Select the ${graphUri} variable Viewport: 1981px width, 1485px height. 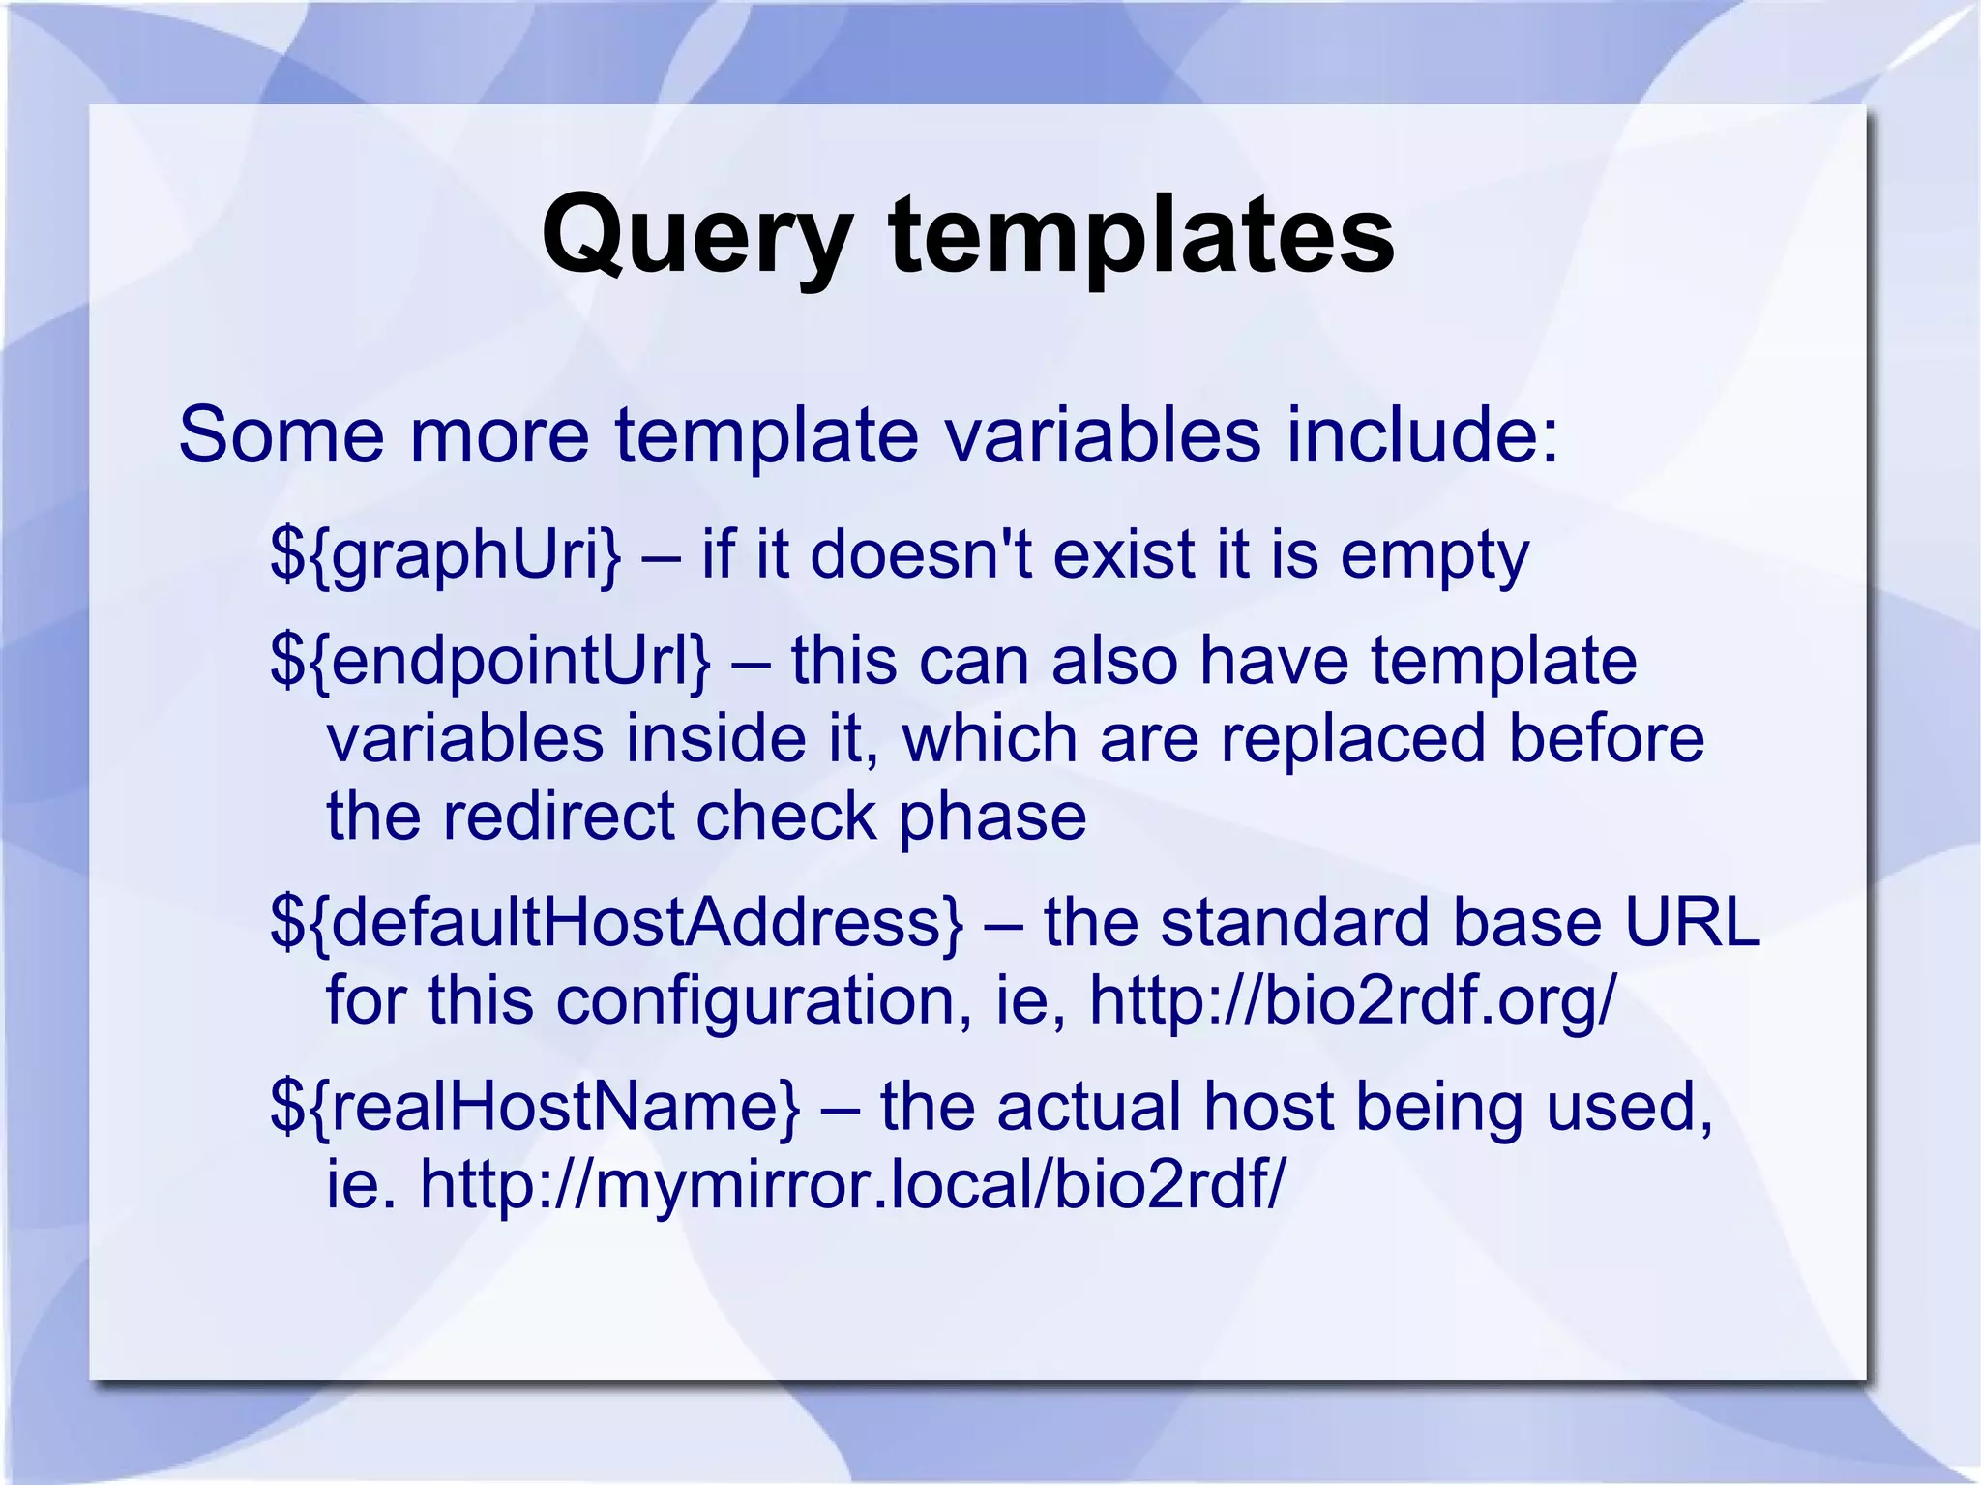(x=446, y=556)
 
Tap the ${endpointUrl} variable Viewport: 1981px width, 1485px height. (x=490, y=662)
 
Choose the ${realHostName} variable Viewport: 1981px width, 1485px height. (x=535, y=1107)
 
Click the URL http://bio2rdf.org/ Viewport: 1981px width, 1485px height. (x=1352, y=1000)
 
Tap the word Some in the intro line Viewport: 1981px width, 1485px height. (x=281, y=435)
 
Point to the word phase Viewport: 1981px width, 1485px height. (x=992, y=817)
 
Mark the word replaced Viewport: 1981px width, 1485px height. (x=1351, y=739)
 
